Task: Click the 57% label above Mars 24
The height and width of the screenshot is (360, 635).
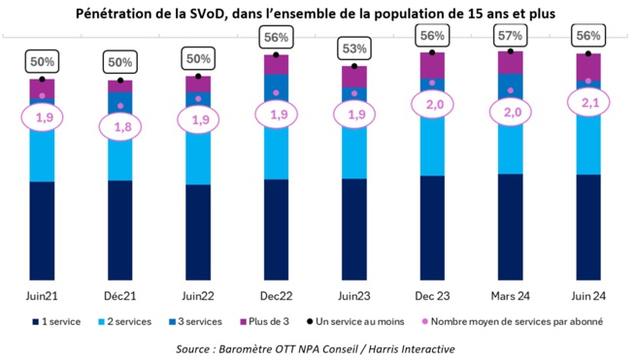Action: pos(510,36)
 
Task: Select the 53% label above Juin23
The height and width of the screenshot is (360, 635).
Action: pos(353,49)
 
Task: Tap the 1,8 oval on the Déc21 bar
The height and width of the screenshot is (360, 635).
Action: pos(120,126)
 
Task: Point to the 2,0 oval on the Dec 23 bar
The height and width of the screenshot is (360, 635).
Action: pos(432,105)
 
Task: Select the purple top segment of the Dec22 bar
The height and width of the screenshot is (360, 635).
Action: pos(276,64)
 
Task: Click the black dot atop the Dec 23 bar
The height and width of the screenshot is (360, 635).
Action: pos(432,49)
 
